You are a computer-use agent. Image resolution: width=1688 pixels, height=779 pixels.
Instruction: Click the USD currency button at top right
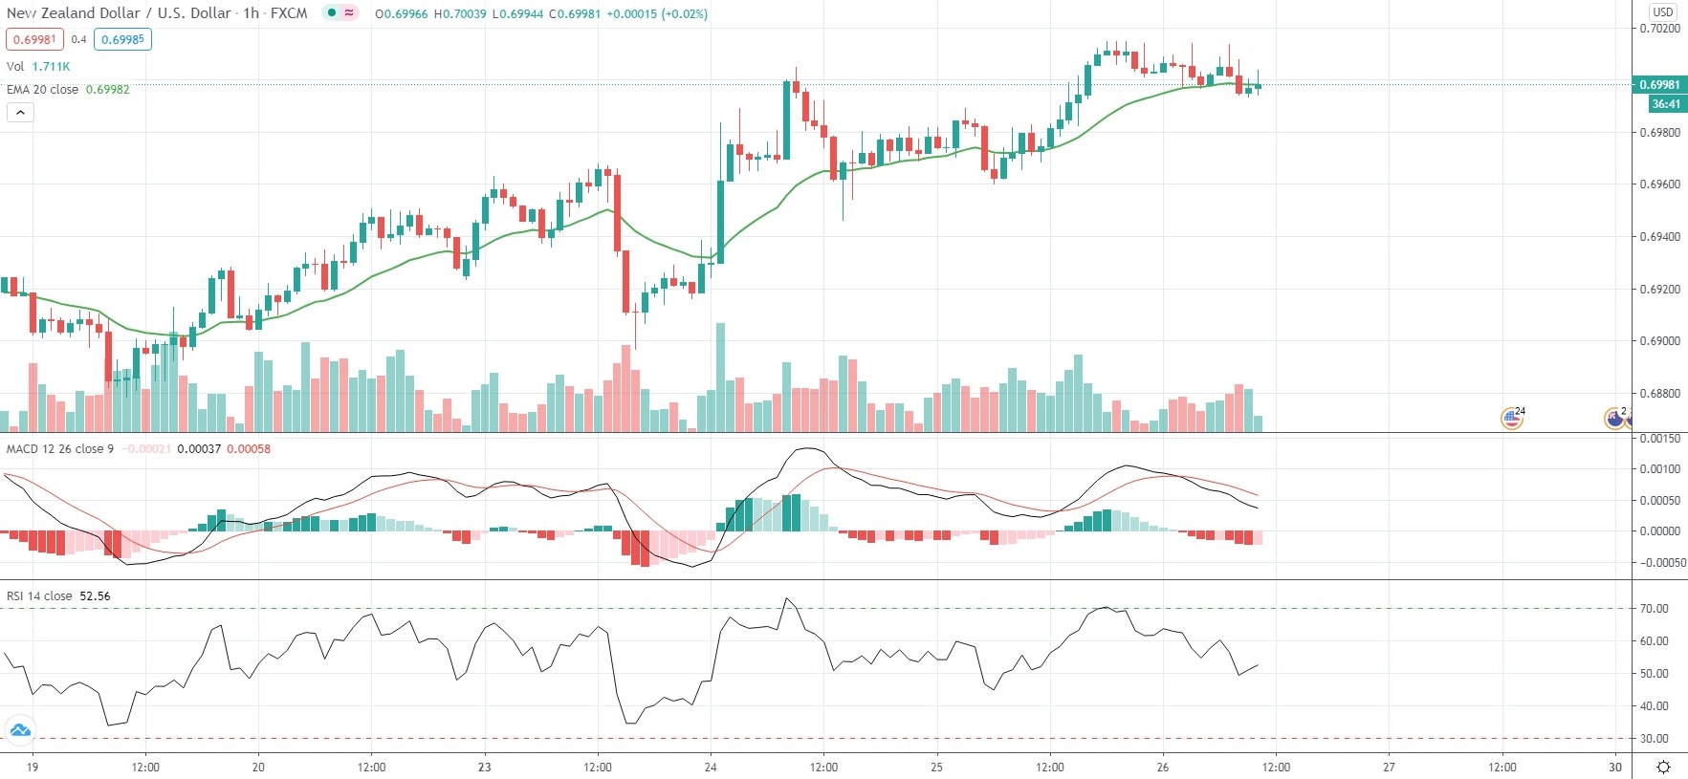click(1663, 11)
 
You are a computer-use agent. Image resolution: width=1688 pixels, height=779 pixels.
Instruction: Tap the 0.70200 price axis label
click(1659, 29)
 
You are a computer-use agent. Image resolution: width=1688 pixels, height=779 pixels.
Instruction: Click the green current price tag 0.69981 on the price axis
click(1659, 85)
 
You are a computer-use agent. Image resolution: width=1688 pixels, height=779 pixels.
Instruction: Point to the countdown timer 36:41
click(1665, 104)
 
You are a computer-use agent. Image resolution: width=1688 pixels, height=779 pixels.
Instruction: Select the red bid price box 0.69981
click(34, 40)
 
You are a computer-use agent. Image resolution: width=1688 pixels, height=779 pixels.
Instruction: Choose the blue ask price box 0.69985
click(122, 40)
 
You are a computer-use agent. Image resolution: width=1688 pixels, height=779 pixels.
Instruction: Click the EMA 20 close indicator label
click(43, 90)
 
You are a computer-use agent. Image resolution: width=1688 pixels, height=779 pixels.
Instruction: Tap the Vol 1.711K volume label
click(38, 67)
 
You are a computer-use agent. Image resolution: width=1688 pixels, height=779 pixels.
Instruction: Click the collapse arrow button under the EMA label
click(20, 113)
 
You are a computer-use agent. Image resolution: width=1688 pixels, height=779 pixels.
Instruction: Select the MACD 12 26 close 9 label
click(60, 449)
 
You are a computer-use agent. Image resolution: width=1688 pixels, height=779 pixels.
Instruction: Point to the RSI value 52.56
click(95, 596)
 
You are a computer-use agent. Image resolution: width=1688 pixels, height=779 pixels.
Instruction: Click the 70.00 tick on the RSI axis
click(1654, 609)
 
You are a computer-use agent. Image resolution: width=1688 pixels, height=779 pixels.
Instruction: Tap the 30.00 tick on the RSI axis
click(1654, 739)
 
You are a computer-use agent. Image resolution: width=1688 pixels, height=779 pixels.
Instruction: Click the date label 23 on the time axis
click(484, 768)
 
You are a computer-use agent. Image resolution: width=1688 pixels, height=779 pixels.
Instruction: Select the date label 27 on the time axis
click(1389, 768)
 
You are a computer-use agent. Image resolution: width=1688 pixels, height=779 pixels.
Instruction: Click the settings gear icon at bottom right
click(1664, 768)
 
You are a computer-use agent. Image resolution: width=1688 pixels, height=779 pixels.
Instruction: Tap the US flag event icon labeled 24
click(1511, 418)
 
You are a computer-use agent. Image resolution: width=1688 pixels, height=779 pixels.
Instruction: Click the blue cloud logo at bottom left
click(20, 731)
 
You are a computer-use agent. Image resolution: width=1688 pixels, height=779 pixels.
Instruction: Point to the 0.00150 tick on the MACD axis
click(1659, 439)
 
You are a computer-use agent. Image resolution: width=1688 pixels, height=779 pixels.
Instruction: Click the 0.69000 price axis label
click(1659, 341)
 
